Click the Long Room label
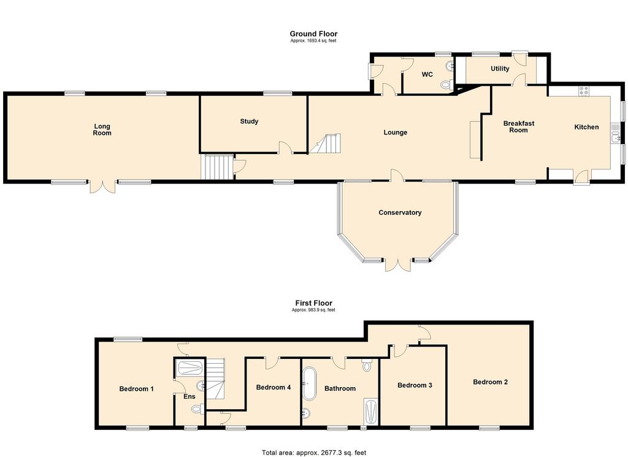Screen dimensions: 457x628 coord(102,129)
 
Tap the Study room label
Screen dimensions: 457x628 coord(249,121)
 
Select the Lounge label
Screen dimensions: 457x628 coord(396,132)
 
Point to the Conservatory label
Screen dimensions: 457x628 coord(400,213)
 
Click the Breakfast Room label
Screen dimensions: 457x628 coord(519,126)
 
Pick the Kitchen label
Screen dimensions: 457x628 coord(586,127)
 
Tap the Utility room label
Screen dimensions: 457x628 coord(500,69)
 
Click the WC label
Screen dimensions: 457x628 coord(427,75)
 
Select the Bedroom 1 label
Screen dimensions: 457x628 coord(136,389)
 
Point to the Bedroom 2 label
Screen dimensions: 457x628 coord(490,382)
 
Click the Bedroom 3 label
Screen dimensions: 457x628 coord(415,385)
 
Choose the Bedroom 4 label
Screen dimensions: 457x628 coord(274,387)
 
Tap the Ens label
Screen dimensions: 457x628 coord(190,397)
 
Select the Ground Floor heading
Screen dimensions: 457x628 coord(313,34)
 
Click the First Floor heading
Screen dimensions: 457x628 coord(313,303)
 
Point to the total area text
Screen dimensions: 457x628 coord(313,453)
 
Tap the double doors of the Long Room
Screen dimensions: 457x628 coord(102,186)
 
